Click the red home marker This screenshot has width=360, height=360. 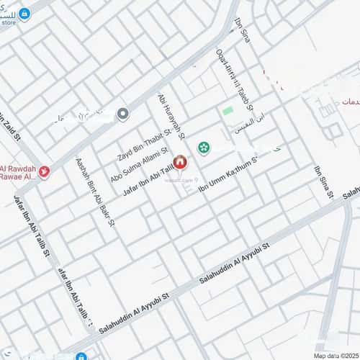pyautogui.click(x=180, y=163)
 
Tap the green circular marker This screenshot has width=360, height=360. pyautogui.click(x=202, y=148)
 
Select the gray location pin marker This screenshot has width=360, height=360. pyautogui.click(x=122, y=113)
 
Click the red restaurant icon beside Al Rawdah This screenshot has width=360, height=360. pyautogui.click(x=44, y=171)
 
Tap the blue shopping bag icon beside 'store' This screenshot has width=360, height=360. pyautogui.click(x=24, y=14)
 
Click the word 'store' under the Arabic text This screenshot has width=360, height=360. pyautogui.click(x=9, y=22)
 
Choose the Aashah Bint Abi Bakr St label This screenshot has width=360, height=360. pyautogui.click(x=96, y=192)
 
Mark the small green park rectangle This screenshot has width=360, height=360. pyautogui.click(x=228, y=112)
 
